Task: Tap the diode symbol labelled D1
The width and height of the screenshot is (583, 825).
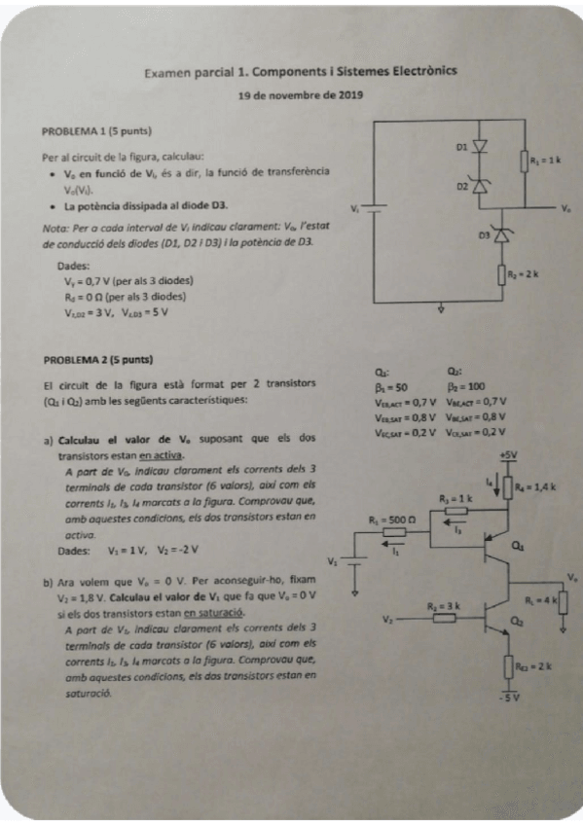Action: [x=479, y=147]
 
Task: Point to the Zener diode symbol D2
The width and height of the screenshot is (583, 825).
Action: [x=479, y=185]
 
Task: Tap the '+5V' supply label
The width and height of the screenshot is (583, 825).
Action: [x=507, y=455]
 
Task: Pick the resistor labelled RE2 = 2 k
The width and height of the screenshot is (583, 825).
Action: [x=508, y=666]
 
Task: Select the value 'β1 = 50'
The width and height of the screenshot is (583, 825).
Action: [x=390, y=386]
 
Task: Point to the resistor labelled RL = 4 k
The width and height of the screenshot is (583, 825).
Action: [x=560, y=601]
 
